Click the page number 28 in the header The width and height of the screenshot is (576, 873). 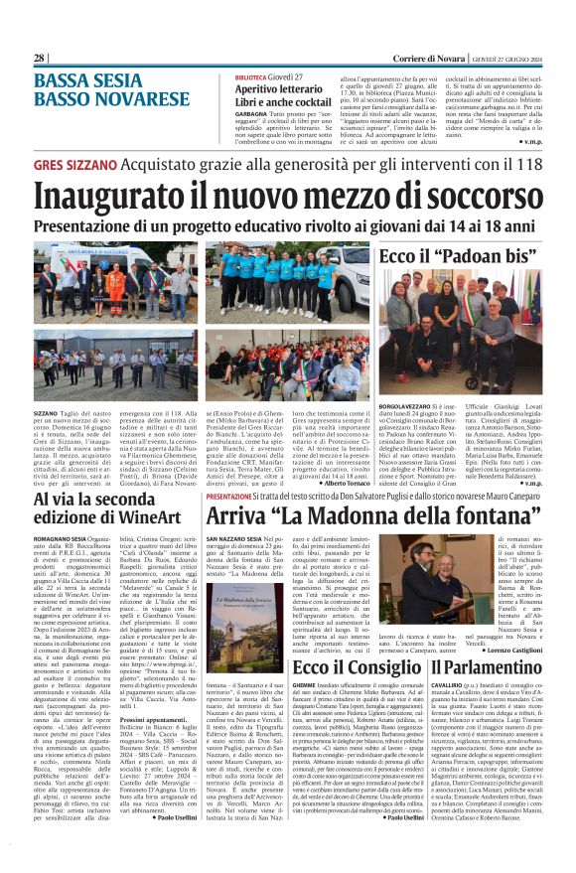coord(39,59)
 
